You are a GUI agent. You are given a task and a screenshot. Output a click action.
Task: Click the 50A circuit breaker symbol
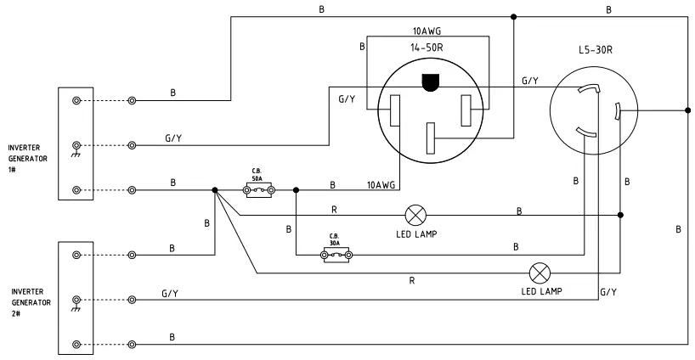pos(257,190)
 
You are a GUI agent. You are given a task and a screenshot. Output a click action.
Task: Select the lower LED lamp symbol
pos(539,273)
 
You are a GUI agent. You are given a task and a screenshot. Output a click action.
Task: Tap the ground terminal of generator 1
pos(76,145)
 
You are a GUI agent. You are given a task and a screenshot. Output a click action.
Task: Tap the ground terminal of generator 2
pos(76,300)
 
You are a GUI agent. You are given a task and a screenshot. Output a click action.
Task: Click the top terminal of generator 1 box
pos(76,100)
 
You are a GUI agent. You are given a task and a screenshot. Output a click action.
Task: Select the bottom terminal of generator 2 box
pos(76,344)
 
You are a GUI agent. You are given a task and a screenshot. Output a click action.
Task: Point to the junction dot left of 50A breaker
pos(215,190)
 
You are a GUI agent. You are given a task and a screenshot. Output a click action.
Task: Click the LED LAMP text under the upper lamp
pos(417,233)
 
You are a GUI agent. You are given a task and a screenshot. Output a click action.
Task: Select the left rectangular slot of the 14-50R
pos(395,111)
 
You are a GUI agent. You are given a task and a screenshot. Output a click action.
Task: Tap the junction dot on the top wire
pos(513,16)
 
